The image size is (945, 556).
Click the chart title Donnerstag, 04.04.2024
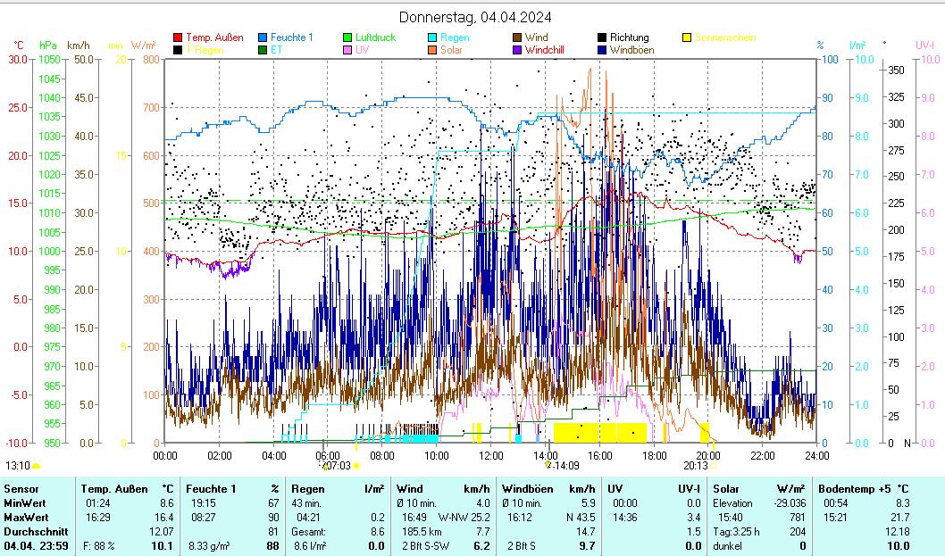pyautogui.click(x=474, y=17)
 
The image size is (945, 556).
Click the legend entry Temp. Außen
pyautogui.click(x=213, y=37)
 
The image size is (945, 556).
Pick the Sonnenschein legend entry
pyautogui.click(x=724, y=37)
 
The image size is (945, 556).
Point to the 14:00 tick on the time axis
pyautogui.click(x=547, y=455)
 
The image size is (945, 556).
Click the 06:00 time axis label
pyautogui.click(x=329, y=455)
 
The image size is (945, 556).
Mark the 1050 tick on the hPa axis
pyautogui.click(x=50, y=59)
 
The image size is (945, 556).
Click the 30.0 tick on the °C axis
pyautogui.click(x=17, y=59)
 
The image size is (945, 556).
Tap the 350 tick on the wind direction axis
pyautogui.click(x=897, y=70)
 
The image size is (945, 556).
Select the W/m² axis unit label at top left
pyautogui.click(x=143, y=45)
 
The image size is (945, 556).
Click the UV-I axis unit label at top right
pyautogui.click(x=924, y=45)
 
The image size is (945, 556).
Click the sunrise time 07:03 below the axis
pyautogui.click(x=337, y=465)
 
